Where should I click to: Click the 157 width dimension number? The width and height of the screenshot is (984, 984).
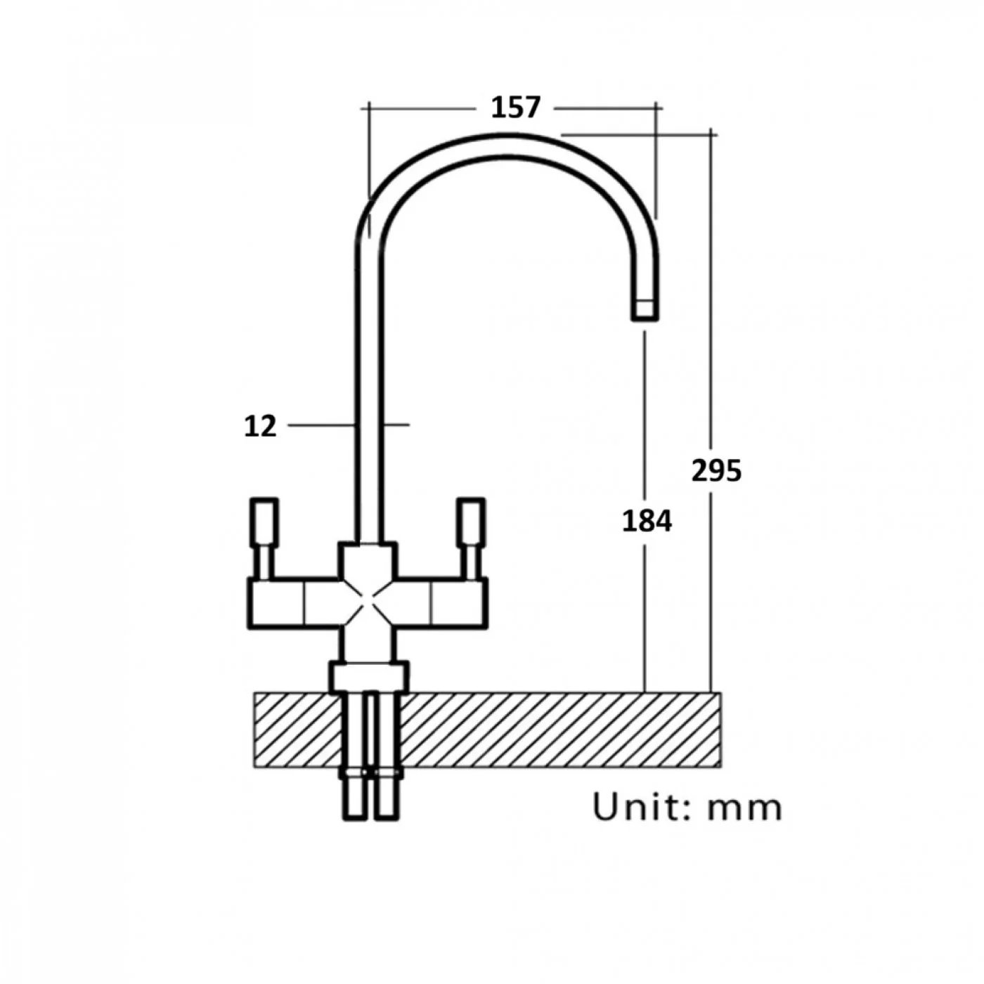click(x=514, y=108)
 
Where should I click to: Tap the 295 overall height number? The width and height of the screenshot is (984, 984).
click(x=716, y=471)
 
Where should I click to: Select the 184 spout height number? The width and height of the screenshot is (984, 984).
click(x=647, y=522)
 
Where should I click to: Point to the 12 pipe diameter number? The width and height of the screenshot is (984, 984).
click(x=261, y=426)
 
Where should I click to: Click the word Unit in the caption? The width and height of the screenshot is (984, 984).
click(x=635, y=808)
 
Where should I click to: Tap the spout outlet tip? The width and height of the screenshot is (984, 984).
click(x=645, y=310)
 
